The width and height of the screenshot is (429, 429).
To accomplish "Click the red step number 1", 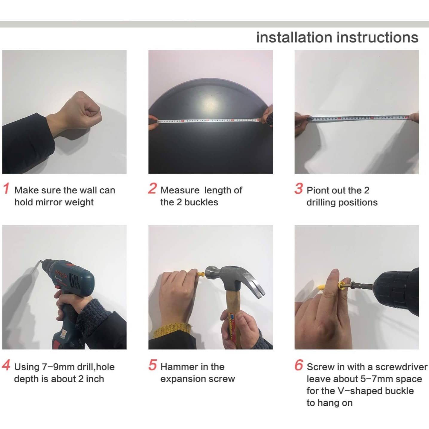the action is pos(6,188).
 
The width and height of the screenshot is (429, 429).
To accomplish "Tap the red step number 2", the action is pos(152,188).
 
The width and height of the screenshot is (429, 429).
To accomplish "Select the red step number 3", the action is pos(299,188).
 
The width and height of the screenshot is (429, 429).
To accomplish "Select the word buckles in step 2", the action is pos(201,202).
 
